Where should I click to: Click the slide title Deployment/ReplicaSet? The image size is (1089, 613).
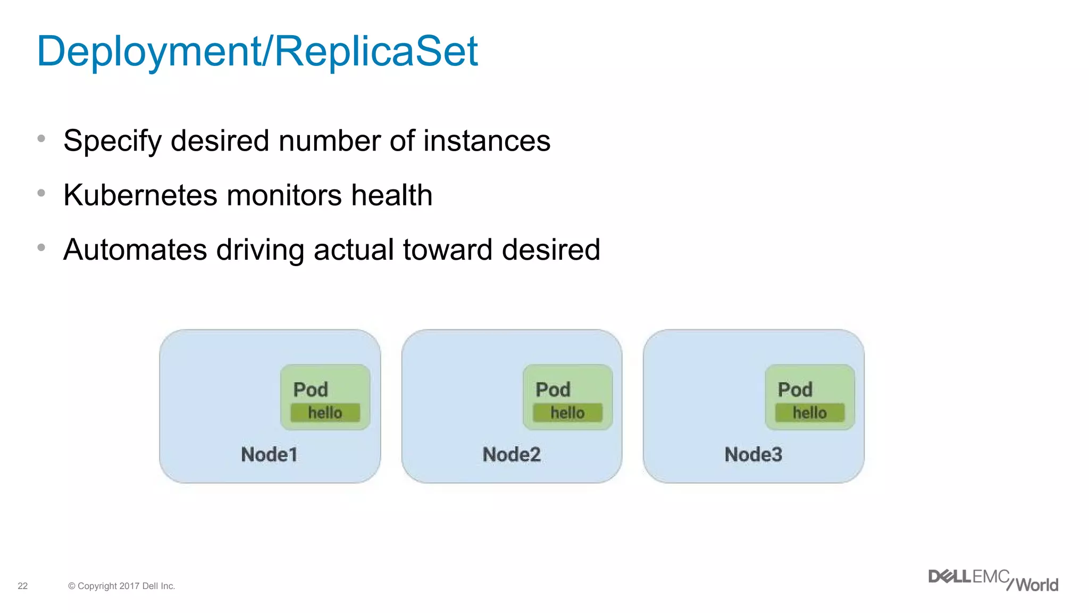point(257,51)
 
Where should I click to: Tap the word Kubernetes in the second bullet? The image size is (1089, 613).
point(140,195)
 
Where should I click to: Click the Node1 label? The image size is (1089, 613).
point(269,454)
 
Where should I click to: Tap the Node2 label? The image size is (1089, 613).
point(511,454)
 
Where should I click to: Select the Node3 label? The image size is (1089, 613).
point(753,454)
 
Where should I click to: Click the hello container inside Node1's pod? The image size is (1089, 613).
point(325,412)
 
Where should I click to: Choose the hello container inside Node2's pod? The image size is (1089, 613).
point(567,412)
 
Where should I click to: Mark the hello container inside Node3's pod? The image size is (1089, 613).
point(809,412)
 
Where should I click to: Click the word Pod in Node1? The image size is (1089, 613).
point(311,390)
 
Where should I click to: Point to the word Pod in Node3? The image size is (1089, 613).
point(795,390)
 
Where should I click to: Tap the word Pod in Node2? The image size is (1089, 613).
point(553,390)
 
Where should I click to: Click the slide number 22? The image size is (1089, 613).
point(22,586)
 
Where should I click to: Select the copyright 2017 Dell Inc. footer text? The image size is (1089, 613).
point(121,586)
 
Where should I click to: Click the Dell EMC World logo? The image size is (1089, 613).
point(993,580)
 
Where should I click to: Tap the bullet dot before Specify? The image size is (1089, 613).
point(41,139)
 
